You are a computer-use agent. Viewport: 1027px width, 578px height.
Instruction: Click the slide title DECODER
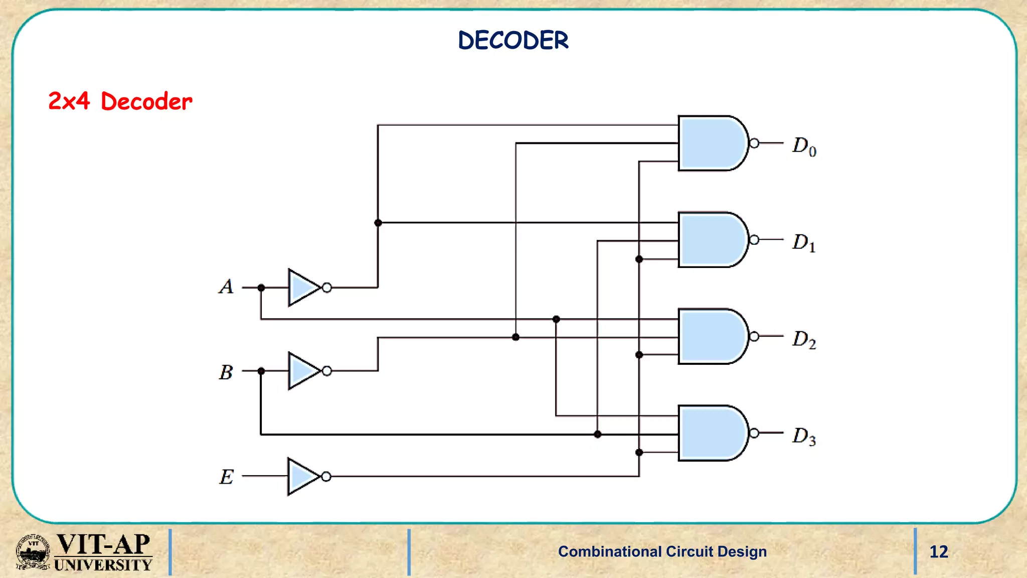point(513,40)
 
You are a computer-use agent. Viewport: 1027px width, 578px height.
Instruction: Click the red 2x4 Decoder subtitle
point(120,101)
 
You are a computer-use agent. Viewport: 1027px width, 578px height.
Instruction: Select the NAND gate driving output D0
point(711,143)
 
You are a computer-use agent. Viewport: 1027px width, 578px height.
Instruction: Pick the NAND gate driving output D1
point(711,240)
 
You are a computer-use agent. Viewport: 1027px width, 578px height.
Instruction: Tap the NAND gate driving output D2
point(711,336)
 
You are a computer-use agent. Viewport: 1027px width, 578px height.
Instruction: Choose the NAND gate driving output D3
point(711,433)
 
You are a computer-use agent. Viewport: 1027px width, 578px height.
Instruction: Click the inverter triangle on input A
point(302,287)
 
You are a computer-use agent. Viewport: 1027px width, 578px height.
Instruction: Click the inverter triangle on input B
point(302,371)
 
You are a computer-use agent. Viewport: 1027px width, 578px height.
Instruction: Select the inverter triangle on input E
point(302,476)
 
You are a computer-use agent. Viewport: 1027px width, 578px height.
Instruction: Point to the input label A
point(226,287)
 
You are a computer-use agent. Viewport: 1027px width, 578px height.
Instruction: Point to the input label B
point(226,372)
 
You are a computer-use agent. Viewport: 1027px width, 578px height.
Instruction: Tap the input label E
point(226,477)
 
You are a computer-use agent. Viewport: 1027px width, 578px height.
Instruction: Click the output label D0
point(804,146)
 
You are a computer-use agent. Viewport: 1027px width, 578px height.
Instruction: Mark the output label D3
point(804,436)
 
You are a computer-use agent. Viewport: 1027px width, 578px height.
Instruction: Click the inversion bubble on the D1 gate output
point(754,240)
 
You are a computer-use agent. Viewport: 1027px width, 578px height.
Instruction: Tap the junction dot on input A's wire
point(261,287)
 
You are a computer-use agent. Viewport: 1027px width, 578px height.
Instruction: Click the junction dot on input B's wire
point(261,371)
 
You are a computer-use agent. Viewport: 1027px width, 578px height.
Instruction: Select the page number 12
point(939,552)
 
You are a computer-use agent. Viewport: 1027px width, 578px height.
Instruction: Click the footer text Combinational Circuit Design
point(662,551)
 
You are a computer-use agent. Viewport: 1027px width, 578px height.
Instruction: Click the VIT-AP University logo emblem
point(33,552)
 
